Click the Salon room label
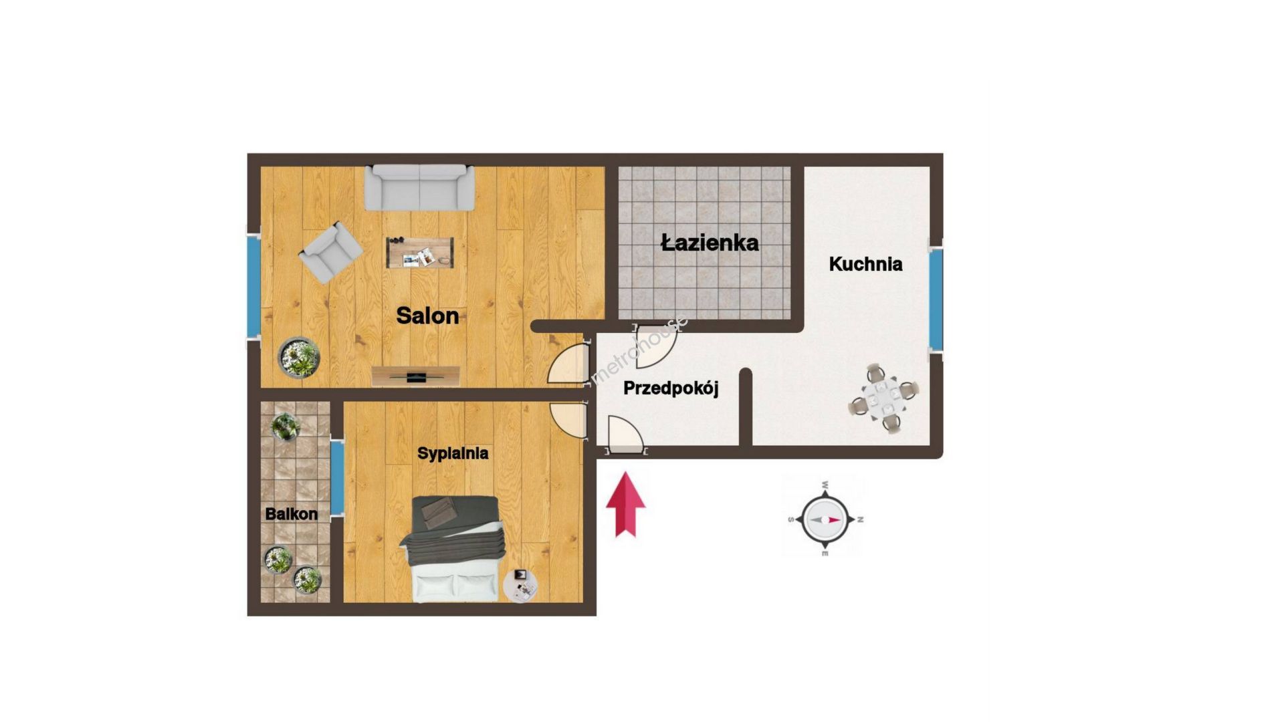click(427, 316)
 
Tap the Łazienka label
click(710, 242)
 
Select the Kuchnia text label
click(865, 264)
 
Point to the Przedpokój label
click(671, 388)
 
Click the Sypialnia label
click(453, 453)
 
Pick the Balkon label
click(291, 514)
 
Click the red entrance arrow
click(625, 505)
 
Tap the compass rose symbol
click(825, 519)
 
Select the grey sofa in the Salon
click(419, 188)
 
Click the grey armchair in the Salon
click(330, 253)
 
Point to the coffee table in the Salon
click(420, 253)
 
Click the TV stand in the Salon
click(416, 376)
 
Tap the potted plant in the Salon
click(299, 357)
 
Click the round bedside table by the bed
click(520, 586)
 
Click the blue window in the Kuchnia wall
click(936, 299)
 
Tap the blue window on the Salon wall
click(253, 287)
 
